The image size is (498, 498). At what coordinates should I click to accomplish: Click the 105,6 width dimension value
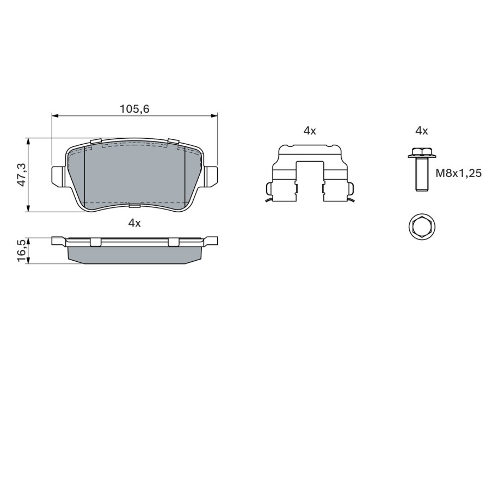point(134,109)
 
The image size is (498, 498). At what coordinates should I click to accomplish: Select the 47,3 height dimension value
point(22,174)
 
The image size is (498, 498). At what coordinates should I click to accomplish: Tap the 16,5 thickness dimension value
point(22,251)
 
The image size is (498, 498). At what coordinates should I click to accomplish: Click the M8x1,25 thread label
point(459,173)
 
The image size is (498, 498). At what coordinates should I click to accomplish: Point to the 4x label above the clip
point(310,131)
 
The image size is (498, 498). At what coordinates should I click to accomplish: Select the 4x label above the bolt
point(421,131)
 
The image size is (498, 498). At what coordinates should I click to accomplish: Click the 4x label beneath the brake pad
point(134,223)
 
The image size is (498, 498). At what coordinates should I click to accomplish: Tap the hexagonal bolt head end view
point(421,227)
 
